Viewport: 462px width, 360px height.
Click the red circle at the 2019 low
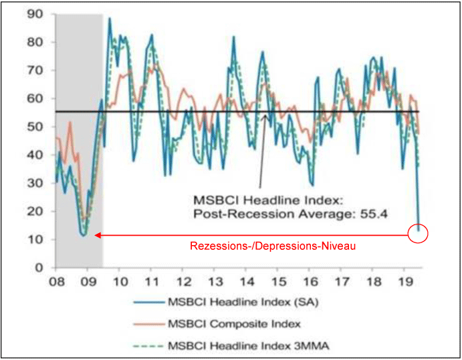click(x=418, y=234)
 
